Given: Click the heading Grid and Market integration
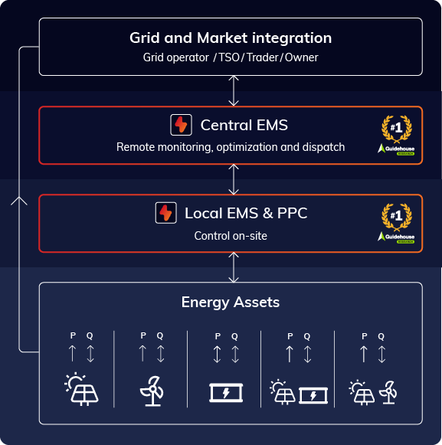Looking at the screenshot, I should pos(230,38).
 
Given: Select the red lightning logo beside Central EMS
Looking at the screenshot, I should pos(181,125).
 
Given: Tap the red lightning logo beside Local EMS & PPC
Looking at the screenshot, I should pos(165,213).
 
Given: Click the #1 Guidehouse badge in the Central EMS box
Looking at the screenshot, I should pos(396,135).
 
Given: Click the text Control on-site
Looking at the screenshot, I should pos(231,235).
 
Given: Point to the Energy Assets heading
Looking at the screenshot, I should pos(231,302).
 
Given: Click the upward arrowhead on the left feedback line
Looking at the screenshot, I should pos(20,201).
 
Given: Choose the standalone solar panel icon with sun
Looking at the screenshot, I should pos(80,390).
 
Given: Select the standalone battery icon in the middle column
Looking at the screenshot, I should pos(226,393).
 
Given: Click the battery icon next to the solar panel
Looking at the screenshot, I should pos(313,394).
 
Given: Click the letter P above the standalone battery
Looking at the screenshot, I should pos(218,335).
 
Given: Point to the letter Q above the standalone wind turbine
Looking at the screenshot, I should pos(160,335).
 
